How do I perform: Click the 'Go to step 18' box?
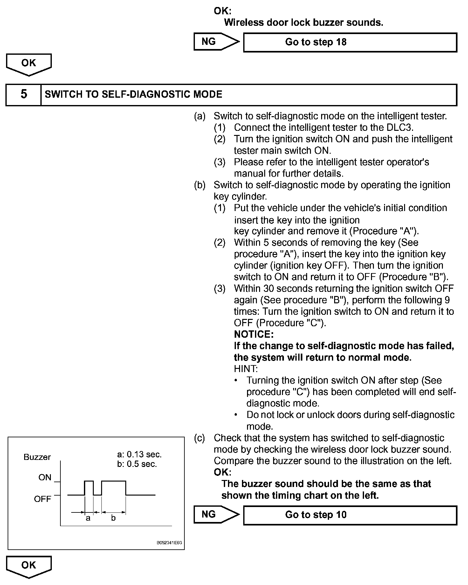(350, 42)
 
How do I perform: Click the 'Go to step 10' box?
(350, 515)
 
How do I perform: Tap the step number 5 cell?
(24, 95)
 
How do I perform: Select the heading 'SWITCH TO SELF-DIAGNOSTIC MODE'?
(134, 95)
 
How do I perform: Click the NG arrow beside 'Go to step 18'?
(216, 42)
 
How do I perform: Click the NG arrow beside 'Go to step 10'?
(216, 514)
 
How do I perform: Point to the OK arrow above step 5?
(29, 64)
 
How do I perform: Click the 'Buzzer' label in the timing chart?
(37, 457)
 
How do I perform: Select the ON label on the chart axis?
(45, 477)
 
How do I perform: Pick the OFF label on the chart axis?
(43, 499)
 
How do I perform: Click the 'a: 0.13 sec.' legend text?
(139, 454)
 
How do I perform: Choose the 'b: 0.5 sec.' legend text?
(137, 464)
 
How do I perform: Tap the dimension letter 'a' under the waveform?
(88, 518)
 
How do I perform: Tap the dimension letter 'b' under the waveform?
(113, 518)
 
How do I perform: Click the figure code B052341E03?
(169, 543)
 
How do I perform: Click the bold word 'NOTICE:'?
(253, 335)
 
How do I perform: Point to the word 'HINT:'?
(246, 369)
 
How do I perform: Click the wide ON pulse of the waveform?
(114, 482)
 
